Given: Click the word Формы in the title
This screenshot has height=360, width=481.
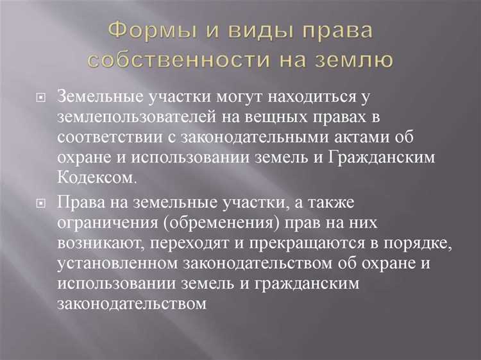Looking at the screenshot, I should pyautogui.click(x=146, y=31).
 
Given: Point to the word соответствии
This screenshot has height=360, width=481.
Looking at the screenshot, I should pyautogui.click(x=106, y=139).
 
